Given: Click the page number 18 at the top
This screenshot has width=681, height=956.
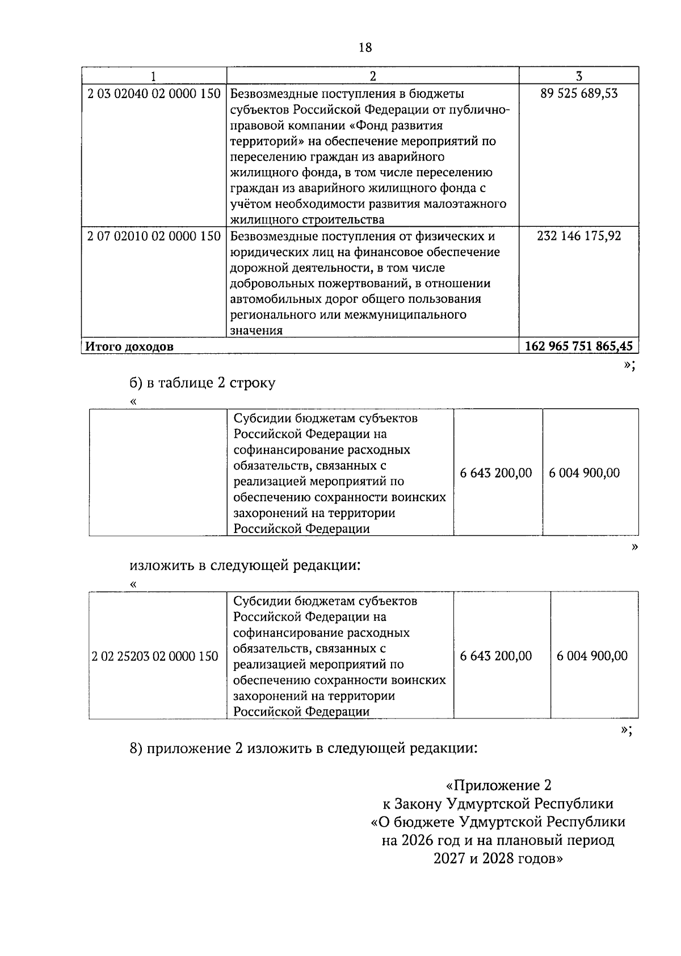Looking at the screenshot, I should coord(365,48).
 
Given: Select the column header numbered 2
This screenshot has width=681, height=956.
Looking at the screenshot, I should coord(373,76).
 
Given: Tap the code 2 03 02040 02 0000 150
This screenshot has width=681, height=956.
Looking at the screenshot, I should coord(154,94).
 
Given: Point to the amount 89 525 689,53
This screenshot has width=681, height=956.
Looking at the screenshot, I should coord(579,94).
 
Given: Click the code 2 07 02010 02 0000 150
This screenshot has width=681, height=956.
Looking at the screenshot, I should coord(154,236).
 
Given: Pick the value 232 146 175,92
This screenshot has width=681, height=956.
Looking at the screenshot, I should coord(579,236).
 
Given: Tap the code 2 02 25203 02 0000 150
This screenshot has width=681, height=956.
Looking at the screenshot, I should coord(155,657).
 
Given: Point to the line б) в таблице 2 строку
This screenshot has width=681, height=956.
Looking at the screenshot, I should coord(203,383).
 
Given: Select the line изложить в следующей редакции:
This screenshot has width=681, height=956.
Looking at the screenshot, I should coord(245,565).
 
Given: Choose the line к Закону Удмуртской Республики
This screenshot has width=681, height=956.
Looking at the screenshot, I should coord(498,803).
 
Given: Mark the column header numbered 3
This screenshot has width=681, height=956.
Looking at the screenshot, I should coord(579,76).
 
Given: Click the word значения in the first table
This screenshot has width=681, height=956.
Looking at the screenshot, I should coord(257,331).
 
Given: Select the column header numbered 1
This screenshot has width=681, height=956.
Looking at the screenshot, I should coord(154,76).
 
